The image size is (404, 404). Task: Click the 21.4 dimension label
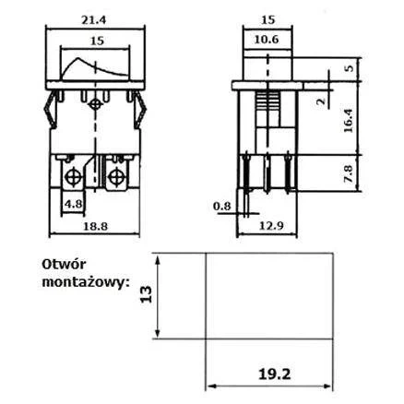click(x=93, y=20)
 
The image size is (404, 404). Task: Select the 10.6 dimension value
click(x=267, y=40)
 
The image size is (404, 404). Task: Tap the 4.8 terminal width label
click(x=74, y=205)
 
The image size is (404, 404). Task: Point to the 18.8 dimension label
click(x=96, y=226)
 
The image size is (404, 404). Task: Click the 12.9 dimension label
click(x=271, y=226)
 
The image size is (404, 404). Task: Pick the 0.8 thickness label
click(x=222, y=206)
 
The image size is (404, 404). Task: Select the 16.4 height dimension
click(x=349, y=121)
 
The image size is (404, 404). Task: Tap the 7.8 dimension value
click(x=349, y=174)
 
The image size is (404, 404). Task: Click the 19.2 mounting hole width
click(x=274, y=374)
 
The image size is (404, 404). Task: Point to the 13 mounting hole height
click(x=147, y=294)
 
